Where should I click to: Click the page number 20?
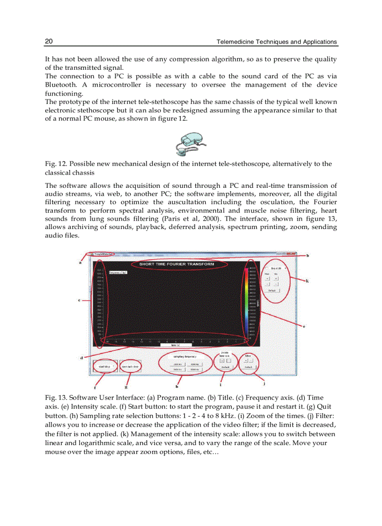tap(49, 42)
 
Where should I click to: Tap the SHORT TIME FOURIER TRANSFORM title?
tap(177, 264)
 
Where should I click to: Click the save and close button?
tap(128, 366)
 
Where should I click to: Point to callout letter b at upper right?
tap(308, 256)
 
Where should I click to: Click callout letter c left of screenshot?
tap(80, 300)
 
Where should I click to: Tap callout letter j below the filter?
tap(264, 383)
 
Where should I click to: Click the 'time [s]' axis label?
tap(167, 345)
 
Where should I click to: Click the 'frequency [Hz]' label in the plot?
tap(118, 272)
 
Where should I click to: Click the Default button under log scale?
tap(272, 290)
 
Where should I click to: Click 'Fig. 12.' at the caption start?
tap(54, 164)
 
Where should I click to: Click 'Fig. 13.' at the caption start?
tap(54, 398)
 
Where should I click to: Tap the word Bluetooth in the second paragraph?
tap(60, 85)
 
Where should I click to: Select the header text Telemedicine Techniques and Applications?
tap(276, 42)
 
